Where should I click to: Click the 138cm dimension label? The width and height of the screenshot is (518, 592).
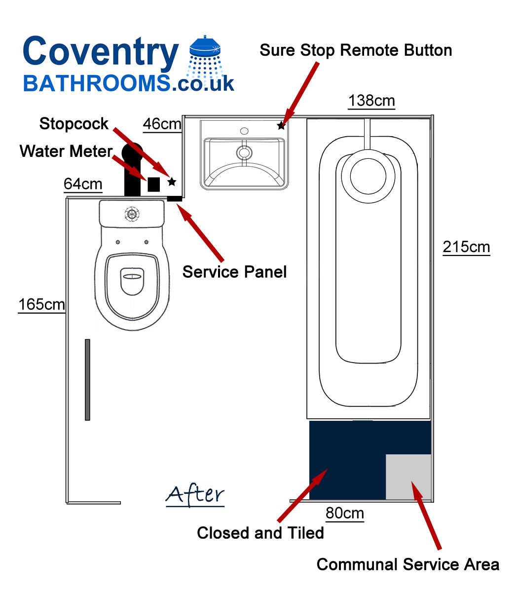371,101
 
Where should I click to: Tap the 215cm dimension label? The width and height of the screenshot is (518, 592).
466,247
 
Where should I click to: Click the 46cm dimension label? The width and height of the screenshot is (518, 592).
162,124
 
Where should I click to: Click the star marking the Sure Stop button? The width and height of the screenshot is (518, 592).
281,126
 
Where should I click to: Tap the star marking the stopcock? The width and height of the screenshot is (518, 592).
172,182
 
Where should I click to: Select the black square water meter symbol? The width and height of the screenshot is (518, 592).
153,185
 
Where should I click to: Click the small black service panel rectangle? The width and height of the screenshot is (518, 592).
175,198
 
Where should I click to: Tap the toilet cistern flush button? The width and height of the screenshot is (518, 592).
132,214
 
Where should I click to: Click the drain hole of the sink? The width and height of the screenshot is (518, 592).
244,152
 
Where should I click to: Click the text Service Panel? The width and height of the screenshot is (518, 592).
234,272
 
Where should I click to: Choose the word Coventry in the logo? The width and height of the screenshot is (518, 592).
101,52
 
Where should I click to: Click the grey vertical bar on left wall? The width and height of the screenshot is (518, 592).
87,380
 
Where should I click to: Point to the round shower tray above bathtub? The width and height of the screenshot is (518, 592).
368,176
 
